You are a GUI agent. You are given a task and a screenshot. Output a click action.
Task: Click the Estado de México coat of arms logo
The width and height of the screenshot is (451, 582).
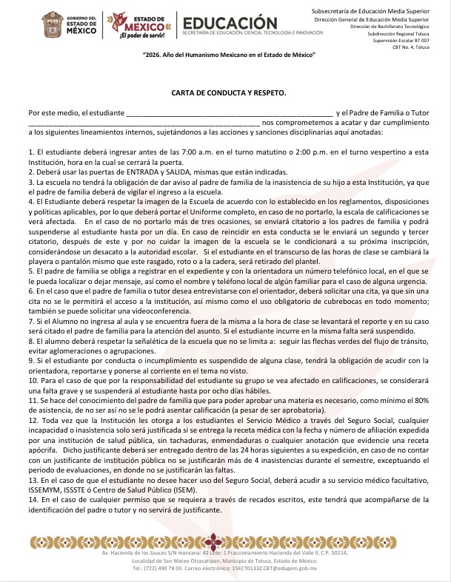[x=53, y=24]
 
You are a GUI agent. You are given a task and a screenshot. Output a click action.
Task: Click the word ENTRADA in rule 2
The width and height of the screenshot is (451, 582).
[x=131, y=171]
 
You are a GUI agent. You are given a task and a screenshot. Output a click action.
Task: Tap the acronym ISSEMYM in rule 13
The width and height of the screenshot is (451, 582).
[x=48, y=489]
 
